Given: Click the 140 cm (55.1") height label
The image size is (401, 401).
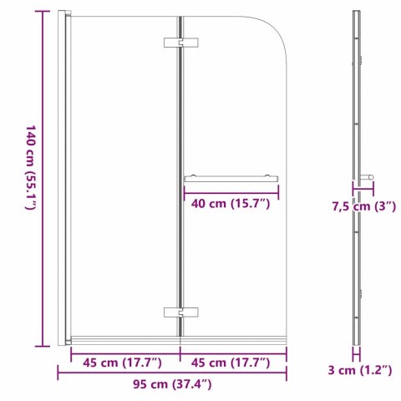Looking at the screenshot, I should [x=31, y=179].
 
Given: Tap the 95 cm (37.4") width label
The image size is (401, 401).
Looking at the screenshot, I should [x=172, y=385].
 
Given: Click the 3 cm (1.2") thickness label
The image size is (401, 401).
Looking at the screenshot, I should [x=359, y=371].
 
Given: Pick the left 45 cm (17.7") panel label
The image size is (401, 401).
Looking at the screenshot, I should [x=116, y=363].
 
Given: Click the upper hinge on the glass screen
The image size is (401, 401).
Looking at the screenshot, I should [x=180, y=42].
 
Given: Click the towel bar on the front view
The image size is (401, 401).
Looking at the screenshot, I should [x=231, y=177].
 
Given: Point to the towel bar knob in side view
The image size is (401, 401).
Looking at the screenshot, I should [x=368, y=177].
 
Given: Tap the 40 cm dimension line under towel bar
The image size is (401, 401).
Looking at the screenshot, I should [x=231, y=190].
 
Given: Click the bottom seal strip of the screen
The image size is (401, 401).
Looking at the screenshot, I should [x=175, y=340].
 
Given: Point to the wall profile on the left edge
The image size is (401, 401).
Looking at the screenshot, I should [x=63, y=179].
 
